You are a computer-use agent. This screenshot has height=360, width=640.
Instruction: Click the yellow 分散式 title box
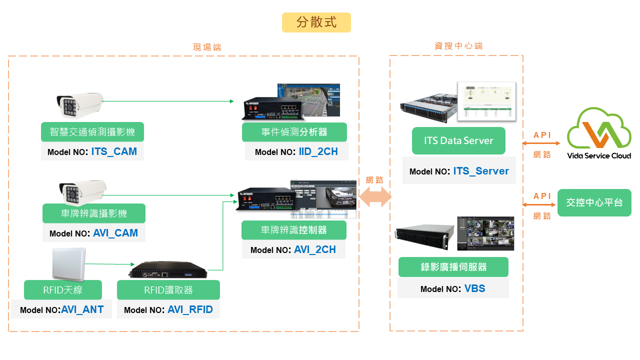[316, 22]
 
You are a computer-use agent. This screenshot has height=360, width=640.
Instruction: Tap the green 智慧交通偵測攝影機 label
[92, 132]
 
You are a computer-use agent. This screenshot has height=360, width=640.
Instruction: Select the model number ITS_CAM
[114, 151]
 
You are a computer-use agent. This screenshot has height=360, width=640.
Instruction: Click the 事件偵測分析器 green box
[294, 132]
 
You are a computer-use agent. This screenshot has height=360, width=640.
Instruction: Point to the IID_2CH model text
[318, 151]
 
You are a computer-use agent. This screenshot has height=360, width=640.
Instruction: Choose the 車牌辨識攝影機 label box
[94, 213]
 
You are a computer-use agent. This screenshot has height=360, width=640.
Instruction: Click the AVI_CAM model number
[115, 233]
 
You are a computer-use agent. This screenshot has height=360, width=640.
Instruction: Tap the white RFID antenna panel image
[68, 263]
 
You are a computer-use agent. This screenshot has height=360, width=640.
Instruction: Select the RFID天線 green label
[62, 290]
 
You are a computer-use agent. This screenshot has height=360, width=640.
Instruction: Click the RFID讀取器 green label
[168, 290]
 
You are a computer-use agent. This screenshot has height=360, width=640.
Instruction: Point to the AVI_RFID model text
[190, 309]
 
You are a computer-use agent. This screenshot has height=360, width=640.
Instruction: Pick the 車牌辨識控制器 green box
[294, 230]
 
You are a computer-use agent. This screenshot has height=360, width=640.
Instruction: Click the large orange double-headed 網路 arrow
[375, 196]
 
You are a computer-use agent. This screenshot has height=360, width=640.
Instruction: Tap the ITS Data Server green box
[458, 140]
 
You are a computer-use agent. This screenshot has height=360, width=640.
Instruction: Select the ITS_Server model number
[481, 171]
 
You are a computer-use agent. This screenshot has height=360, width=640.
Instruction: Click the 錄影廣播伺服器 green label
[453, 267]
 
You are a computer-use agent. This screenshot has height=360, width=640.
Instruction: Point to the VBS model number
[474, 288]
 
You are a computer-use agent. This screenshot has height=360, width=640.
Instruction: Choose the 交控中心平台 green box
[594, 202]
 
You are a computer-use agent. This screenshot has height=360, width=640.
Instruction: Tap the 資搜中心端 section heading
[458, 46]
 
